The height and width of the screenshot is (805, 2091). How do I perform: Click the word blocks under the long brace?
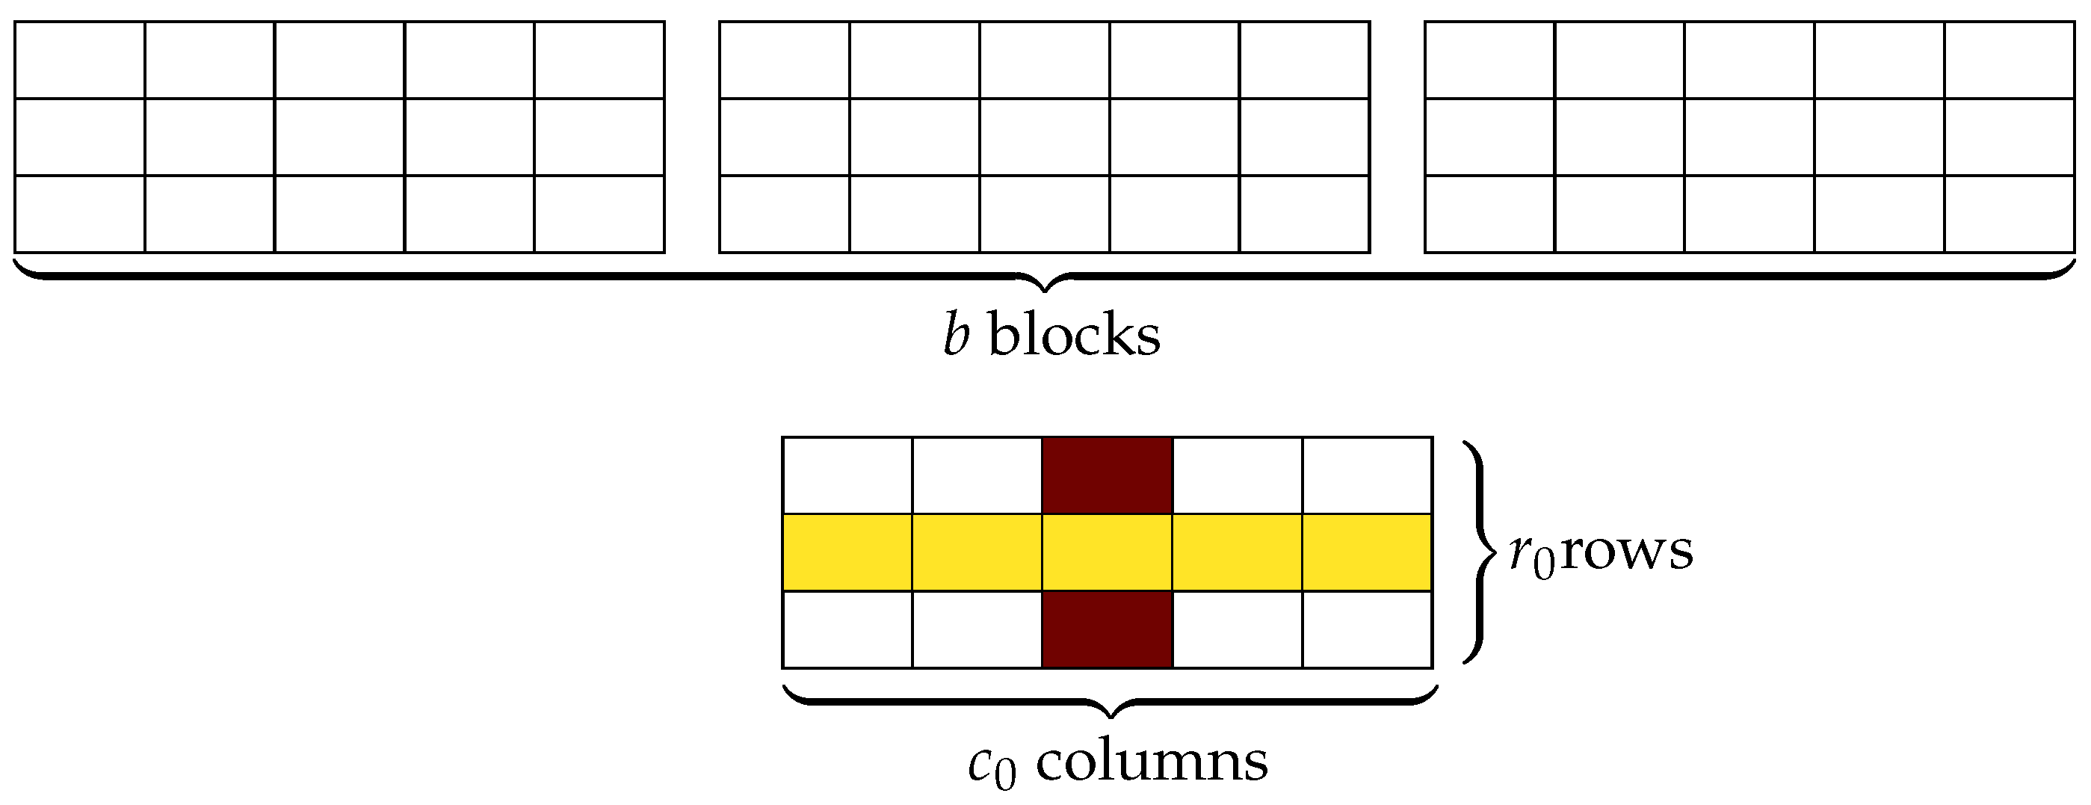(1074, 335)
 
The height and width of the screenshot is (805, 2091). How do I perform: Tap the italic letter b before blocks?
(957, 335)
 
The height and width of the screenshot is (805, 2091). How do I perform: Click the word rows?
(1627, 551)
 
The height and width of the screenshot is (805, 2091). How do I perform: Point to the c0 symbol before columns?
(991, 765)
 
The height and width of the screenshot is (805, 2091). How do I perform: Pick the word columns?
(1151, 761)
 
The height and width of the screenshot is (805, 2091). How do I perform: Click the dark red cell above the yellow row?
(1108, 475)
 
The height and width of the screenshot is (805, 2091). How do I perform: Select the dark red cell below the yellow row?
(1108, 629)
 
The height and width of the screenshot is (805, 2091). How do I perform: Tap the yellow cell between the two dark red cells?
(1108, 552)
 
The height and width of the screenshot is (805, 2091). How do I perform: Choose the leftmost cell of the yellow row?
(847, 552)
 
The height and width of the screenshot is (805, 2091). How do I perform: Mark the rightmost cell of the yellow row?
(1367, 552)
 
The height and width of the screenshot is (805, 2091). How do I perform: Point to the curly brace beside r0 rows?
(1479, 552)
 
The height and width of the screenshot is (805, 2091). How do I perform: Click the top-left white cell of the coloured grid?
(847, 475)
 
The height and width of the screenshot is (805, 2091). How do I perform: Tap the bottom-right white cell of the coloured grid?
(1367, 629)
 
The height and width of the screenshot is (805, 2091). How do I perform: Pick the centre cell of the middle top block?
(1045, 137)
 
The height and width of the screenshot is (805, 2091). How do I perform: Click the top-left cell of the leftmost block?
(79, 60)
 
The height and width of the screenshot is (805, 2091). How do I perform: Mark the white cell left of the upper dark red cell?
(977, 475)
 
